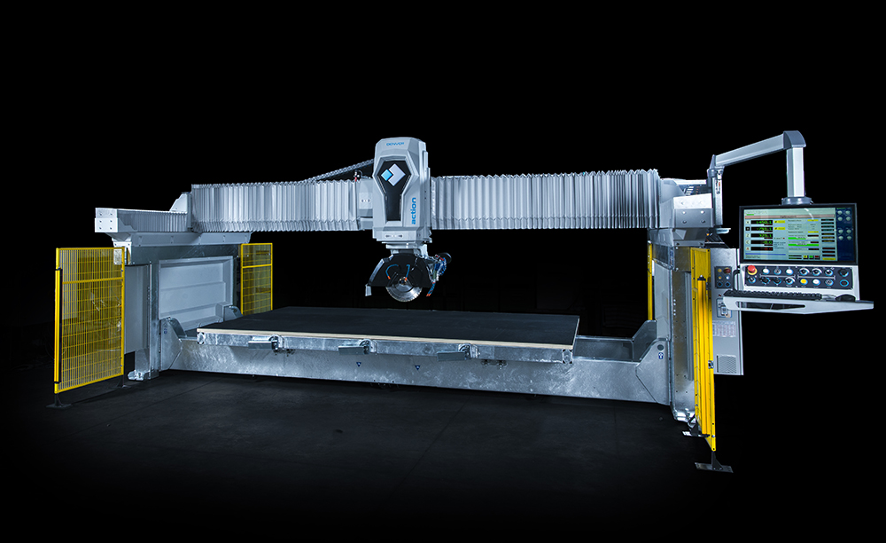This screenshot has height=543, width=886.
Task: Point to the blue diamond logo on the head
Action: [x=391, y=177]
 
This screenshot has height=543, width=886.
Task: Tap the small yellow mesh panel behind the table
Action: [x=256, y=277]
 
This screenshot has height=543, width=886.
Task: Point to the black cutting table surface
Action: [x=390, y=324]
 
